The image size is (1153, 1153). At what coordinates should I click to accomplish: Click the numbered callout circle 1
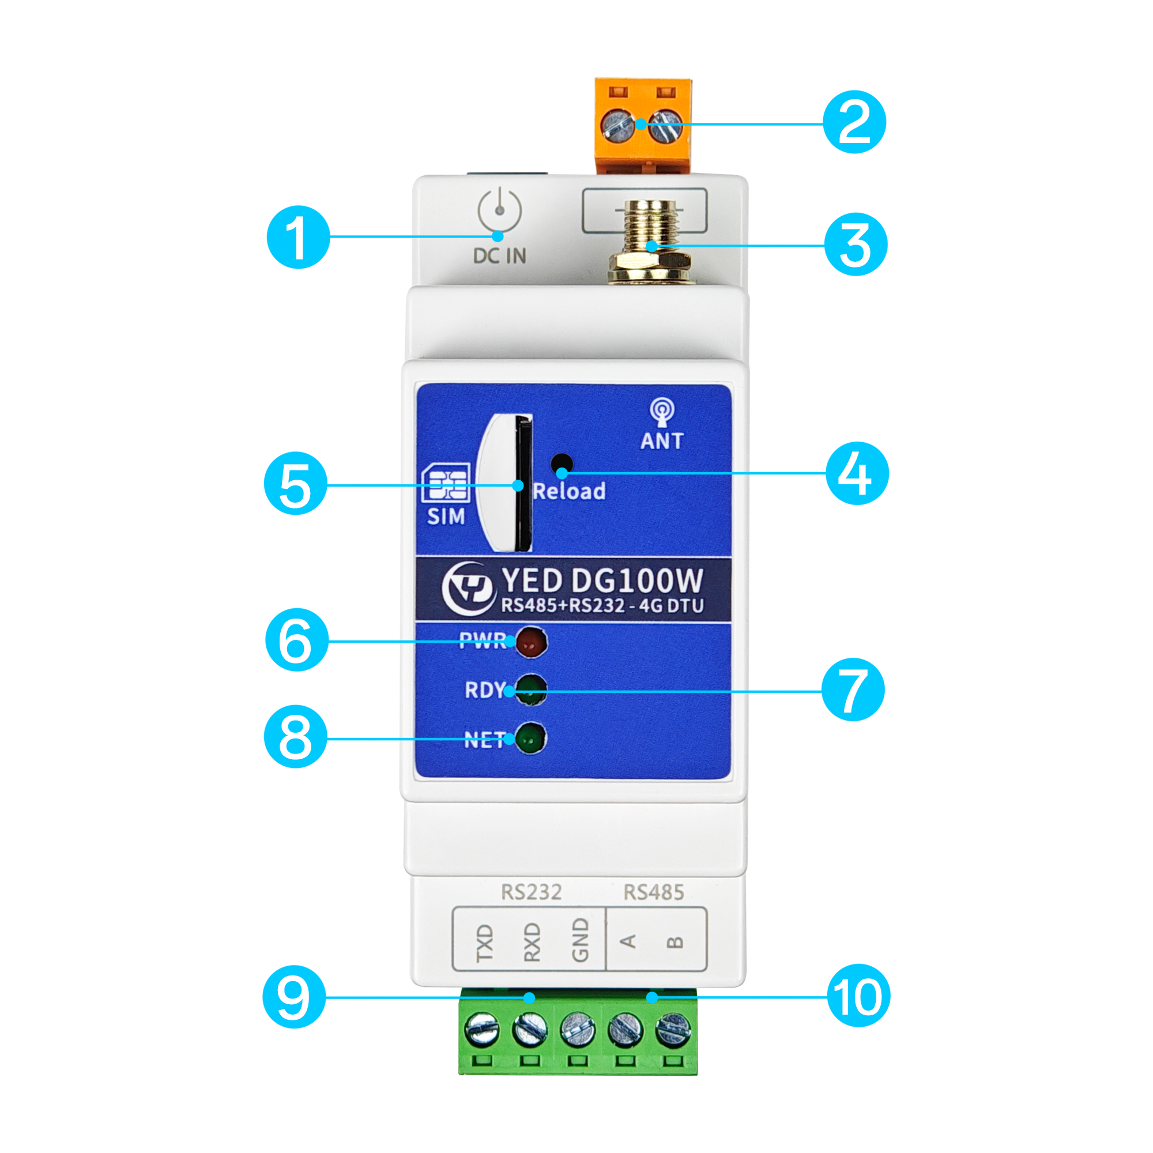click(298, 237)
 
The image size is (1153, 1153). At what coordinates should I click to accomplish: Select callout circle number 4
click(857, 473)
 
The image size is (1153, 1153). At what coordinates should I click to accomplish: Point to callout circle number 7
click(853, 690)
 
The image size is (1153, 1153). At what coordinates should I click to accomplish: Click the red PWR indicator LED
click(530, 642)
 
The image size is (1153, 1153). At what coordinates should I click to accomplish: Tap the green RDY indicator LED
click(530, 690)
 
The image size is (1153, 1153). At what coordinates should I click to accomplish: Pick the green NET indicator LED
click(530, 739)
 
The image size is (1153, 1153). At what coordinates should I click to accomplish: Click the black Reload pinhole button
click(562, 464)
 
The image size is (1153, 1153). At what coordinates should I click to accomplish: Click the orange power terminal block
click(643, 125)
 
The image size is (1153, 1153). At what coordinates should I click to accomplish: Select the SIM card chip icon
click(445, 484)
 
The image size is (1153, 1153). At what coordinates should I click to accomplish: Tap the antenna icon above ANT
click(662, 412)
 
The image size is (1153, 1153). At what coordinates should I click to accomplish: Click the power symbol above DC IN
click(499, 210)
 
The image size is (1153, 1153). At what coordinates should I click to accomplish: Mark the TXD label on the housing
click(485, 943)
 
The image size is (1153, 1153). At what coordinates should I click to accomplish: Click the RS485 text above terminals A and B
click(654, 892)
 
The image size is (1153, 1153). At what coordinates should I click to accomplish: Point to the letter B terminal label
click(675, 943)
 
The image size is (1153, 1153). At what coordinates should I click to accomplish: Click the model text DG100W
click(638, 580)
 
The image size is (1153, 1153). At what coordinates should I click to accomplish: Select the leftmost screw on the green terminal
click(481, 1030)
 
